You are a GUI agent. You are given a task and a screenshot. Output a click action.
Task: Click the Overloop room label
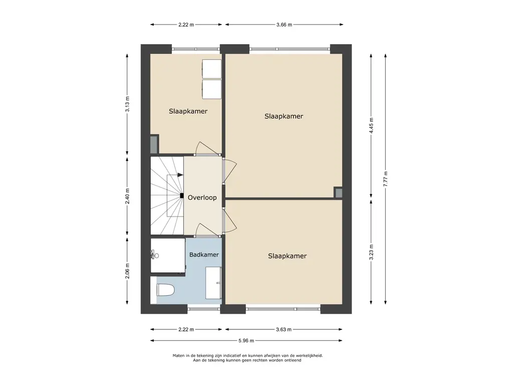click(x=202, y=198)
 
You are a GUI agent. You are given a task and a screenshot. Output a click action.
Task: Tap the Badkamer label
click(x=204, y=254)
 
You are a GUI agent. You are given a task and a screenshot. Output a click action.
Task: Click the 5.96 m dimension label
click(x=246, y=340)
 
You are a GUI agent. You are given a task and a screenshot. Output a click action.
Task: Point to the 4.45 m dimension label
click(x=371, y=125)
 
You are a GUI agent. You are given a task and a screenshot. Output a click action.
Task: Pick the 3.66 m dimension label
click(x=284, y=25)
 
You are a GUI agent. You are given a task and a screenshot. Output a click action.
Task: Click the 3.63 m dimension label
click(x=284, y=329)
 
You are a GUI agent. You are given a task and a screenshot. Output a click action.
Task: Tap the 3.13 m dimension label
click(x=127, y=104)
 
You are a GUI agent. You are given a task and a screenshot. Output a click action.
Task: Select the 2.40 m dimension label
click(x=127, y=196)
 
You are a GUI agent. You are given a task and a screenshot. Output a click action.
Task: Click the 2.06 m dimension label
click(x=127, y=271)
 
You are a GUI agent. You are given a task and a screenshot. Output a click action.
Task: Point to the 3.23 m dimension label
click(x=371, y=253)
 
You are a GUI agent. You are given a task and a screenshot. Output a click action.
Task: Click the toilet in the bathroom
click(x=165, y=290)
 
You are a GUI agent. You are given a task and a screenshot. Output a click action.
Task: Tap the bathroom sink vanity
click(x=213, y=283)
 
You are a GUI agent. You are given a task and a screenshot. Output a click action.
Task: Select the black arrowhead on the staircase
click(x=180, y=175)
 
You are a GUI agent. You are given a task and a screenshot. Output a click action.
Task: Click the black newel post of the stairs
click(x=181, y=196)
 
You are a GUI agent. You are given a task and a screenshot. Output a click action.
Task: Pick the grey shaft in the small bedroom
click(x=154, y=144)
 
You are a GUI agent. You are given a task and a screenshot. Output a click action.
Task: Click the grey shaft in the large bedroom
click(x=338, y=192)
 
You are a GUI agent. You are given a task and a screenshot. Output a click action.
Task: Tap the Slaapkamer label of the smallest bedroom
click(x=188, y=111)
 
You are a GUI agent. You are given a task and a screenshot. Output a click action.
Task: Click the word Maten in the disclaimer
click(x=178, y=355)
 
